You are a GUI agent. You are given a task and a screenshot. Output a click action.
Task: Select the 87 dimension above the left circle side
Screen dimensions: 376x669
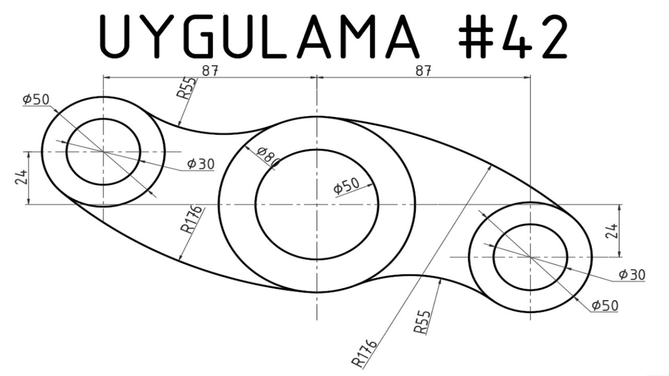[210, 71]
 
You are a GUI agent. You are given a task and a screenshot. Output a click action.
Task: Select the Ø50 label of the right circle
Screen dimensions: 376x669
[605, 305]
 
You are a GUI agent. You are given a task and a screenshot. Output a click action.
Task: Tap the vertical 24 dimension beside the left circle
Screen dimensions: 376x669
[20, 178]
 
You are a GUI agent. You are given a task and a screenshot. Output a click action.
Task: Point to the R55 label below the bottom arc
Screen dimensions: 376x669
[422, 322]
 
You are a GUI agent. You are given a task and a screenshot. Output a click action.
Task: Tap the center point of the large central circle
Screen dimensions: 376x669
[317, 204]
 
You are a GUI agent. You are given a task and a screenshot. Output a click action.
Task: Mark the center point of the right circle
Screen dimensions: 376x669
[530, 257]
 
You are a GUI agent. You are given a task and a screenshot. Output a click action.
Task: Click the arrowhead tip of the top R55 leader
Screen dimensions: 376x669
[179, 126]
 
